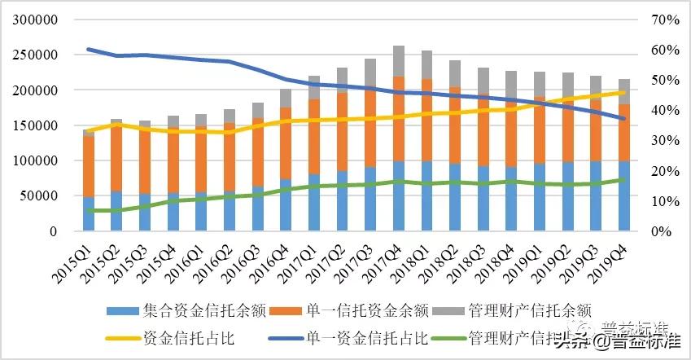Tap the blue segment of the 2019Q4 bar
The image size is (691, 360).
click(x=623, y=195)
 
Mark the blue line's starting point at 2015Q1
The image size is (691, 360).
click(x=88, y=50)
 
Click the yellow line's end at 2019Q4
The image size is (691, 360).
click(x=623, y=93)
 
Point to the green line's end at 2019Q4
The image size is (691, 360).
click(x=623, y=180)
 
